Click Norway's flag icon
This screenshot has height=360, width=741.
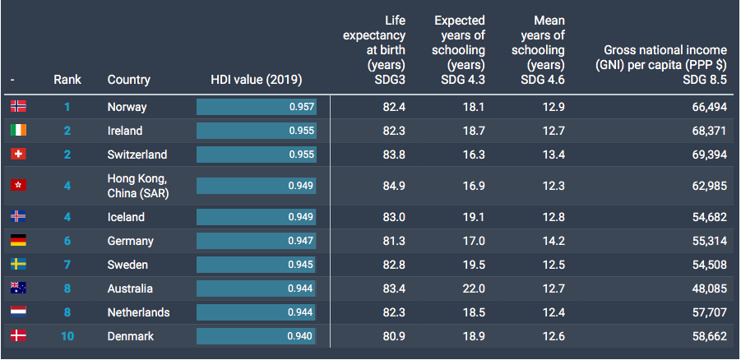[x=18, y=106]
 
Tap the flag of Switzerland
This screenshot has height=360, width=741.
[x=18, y=154]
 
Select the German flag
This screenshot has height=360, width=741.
[x=18, y=241]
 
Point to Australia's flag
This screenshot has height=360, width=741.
[x=18, y=288]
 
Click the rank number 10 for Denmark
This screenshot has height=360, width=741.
[x=67, y=336]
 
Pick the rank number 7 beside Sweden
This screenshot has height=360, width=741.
[x=67, y=265]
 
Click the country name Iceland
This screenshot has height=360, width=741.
[x=126, y=217]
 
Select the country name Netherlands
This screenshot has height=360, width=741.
[x=138, y=312]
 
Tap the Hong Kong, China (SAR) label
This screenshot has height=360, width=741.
[x=138, y=186]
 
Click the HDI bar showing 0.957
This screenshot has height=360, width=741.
[x=257, y=107]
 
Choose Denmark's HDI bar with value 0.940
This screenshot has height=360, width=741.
[x=256, y=336]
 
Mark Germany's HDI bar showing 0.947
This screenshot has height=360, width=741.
[x=256, y=241]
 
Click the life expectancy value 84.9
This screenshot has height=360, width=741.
[x=394, y=186]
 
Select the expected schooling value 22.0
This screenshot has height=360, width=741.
[x=474, y=288]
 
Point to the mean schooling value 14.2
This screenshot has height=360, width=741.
[x=553, y=241]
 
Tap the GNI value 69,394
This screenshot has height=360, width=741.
[x=710, y=155]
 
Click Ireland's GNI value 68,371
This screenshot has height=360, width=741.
[x=710, y=131]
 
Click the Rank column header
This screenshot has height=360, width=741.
[x=67, y=80]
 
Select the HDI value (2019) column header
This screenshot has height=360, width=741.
[x=257, y=80]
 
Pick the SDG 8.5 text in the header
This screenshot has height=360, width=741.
[x=705, y=80]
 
